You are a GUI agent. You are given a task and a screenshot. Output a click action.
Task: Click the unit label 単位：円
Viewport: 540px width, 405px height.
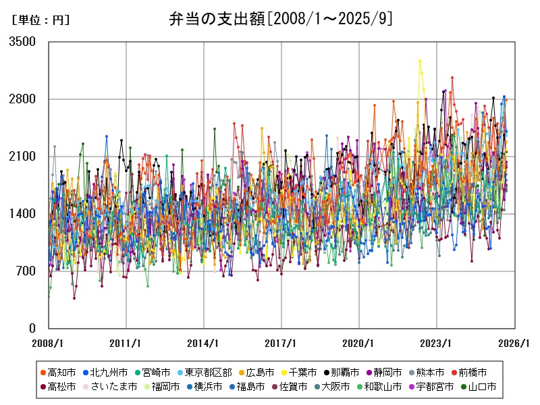click(x=40, y=20)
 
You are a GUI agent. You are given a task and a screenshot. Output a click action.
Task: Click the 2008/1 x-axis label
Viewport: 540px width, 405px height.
click(x=49, y=343)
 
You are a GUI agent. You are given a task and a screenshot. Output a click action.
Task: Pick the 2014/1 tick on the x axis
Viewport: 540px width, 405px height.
click(x=204, y=343)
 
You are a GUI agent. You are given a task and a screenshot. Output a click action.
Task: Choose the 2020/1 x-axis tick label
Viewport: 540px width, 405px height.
click(x=359, y=343)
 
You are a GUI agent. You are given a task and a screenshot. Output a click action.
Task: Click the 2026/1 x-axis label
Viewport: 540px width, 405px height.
click(x=514, y=343)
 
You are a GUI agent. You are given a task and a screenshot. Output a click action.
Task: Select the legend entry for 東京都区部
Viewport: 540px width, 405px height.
click(x=208, y=372)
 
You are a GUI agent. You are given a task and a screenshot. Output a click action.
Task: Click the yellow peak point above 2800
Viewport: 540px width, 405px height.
click(x=419, y=61)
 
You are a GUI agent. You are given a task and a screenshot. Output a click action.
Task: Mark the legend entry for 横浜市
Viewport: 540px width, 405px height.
click(x=208, y=387)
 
